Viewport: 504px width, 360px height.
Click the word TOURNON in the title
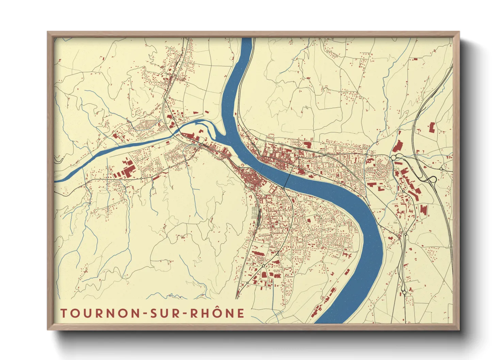click(100, 313)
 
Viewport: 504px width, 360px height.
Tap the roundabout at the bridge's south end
click(283, 188)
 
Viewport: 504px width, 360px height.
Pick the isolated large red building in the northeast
click(431, 128)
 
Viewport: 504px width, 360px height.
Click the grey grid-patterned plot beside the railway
click(255, 213)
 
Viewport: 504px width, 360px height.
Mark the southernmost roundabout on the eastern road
click(404, 292)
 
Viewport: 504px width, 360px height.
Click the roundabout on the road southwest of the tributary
click(141, 178)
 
